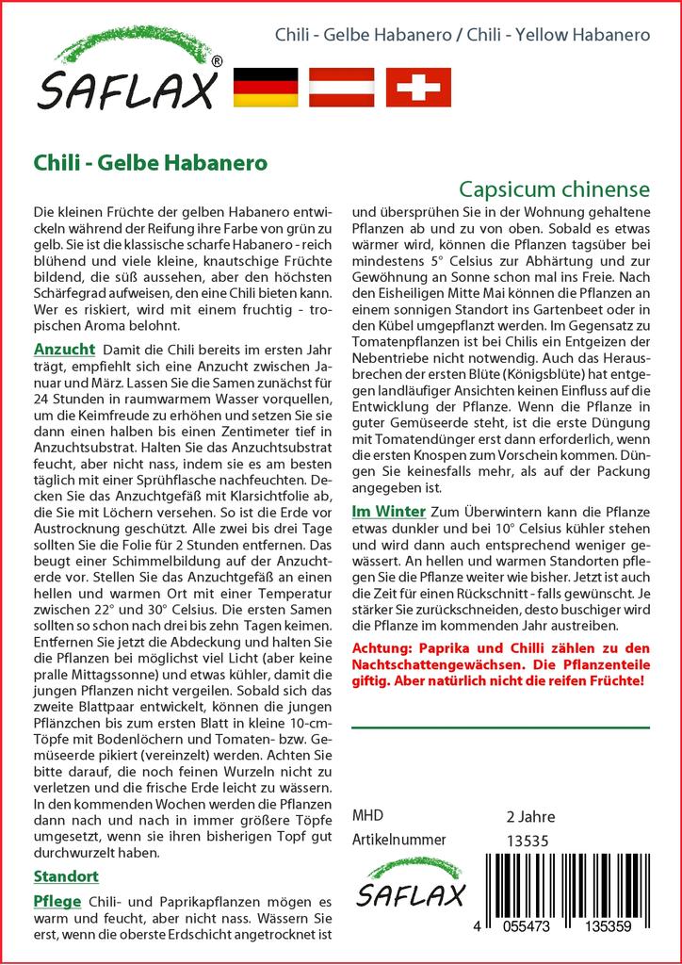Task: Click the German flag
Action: click(x=265, y=87)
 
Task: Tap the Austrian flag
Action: click(x=342, y=87)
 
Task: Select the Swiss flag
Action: click(x=418, y=87)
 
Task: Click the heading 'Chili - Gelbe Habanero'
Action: click(x=150, y=161)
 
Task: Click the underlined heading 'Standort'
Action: click(x=66, y=875)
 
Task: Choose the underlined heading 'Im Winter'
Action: click(x=387, y=511)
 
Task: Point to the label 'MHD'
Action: click(x=367, y=815)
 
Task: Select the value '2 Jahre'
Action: click(x=530, y=816)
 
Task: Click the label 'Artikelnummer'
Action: click(x=398, y=839)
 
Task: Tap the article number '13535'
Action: click(x=528, y=840)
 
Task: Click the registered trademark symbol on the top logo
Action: click(x=218, y=62)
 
